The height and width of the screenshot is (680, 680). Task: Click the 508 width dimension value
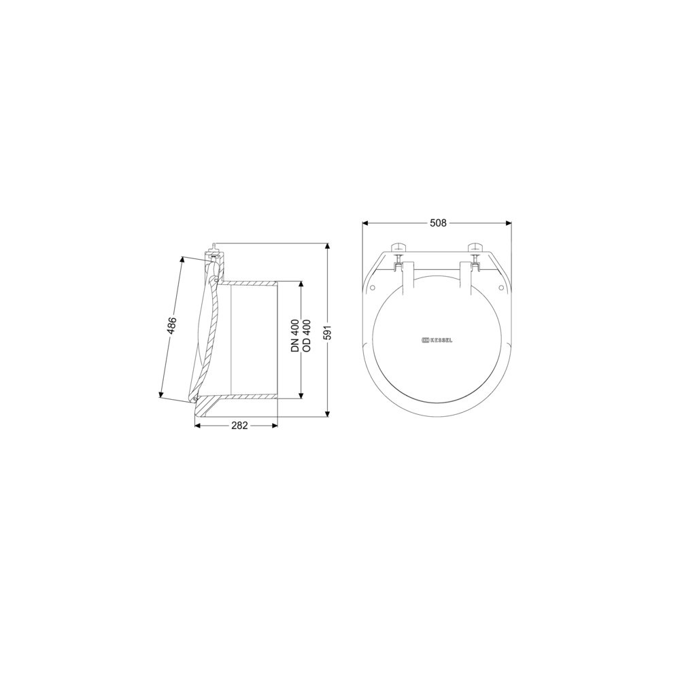coord(437,223)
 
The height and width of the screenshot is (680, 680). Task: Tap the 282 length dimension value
coord(239,426)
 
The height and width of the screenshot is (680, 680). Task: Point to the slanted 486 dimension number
coord(172,325)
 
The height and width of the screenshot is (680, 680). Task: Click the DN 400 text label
coord(295,335)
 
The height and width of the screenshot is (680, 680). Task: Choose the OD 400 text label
coord(306,335)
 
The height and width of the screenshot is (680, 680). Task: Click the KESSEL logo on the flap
coord(437,341)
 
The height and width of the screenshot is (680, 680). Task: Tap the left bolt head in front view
coord(398,247)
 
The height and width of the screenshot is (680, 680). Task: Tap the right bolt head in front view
coord(475,247)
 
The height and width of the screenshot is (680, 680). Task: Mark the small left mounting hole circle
coord(372,287)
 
